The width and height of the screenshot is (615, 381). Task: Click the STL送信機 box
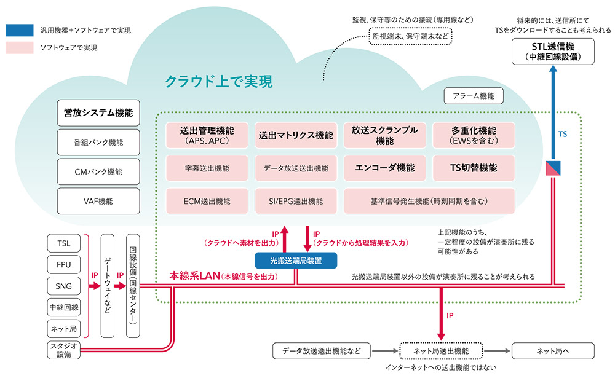pos(553,51)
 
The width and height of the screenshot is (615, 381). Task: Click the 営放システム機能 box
pos(98,114)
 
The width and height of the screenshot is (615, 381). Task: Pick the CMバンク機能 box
pos(98,171)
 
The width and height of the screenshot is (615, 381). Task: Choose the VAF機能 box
pos(98,200)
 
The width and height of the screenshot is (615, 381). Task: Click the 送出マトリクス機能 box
pos(295,135)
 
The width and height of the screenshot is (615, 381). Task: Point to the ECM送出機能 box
pos(207,201)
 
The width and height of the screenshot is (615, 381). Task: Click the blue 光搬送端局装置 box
pos(296,260)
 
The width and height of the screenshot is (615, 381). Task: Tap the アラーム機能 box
pos(474,95)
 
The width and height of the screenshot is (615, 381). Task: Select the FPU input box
pos(64,264)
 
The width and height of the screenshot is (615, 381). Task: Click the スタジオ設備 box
pos(64,349)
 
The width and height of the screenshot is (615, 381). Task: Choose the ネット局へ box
pos(553,351)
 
